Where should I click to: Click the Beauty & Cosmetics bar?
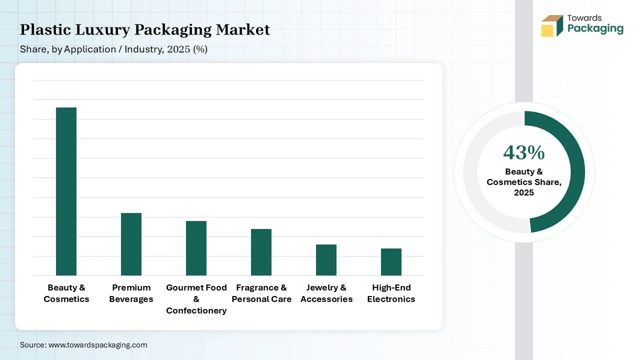[x=66, y=191]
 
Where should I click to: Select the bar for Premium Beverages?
[x=131, y=244]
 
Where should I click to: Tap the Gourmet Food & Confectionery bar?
[x=196, y=248]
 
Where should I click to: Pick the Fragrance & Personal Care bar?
[x=261, y=252]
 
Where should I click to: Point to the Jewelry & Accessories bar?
[x=326, y=260]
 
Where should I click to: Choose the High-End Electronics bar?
[x=391, y=262]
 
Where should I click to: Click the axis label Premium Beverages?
[x=131, y=293]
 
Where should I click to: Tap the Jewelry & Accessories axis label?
[x=326, y=293]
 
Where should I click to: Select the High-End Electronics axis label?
[x=391, y=293]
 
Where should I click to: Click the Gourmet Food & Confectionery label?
[x=196, y=299]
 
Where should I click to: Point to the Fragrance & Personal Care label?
[x=261, y=293]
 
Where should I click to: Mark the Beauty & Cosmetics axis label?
[x=66, y=293]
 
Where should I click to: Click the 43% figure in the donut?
[x=524, y=152]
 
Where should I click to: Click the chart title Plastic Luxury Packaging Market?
[x=145, y=30]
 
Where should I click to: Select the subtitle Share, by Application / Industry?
[x=113, y=49]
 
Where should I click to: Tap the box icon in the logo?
[x=552, y=26]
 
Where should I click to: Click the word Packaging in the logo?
[x=595, y=28]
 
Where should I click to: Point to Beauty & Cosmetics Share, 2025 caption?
[x=524, y=182]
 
